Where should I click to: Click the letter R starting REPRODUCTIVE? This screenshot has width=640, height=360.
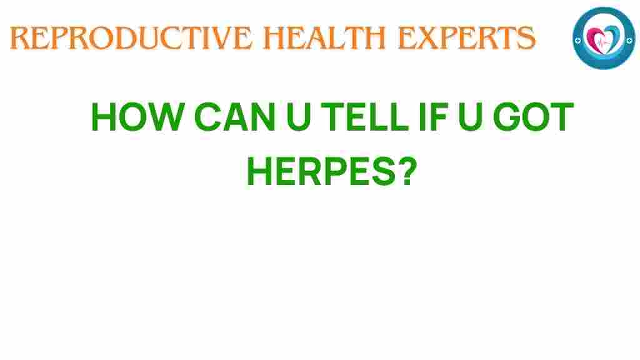tap(19, 39)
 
